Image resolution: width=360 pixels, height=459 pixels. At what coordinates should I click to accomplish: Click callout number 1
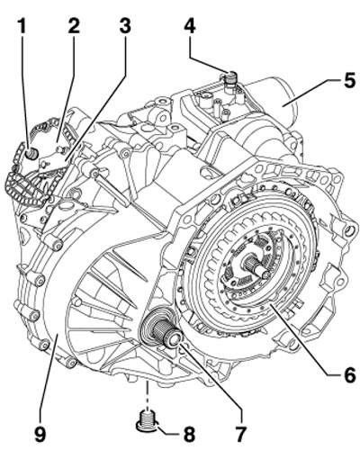[22, 25]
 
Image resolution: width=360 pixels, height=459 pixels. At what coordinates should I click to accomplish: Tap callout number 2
[74, 25]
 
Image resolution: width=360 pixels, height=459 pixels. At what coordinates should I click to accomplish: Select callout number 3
[125, 25]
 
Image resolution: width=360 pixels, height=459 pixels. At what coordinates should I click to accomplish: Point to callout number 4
[190, 25]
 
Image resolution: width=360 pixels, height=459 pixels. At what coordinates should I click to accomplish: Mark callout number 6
[349, 375]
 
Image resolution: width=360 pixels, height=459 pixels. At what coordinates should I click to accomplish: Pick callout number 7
[240, 434]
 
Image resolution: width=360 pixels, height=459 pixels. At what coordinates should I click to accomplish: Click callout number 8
[189, 434]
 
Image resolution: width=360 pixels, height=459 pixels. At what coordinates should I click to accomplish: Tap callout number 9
[40, 434]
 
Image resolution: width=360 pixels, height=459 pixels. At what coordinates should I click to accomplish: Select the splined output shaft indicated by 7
[164, 330]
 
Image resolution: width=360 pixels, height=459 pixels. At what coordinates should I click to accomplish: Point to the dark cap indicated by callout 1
[31, 153]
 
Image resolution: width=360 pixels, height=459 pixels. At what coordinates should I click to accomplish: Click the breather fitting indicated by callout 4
[230, 77]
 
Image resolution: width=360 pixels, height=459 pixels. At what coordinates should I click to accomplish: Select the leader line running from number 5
[313, 93]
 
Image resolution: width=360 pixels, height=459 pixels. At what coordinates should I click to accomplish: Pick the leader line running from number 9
[49, 380]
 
